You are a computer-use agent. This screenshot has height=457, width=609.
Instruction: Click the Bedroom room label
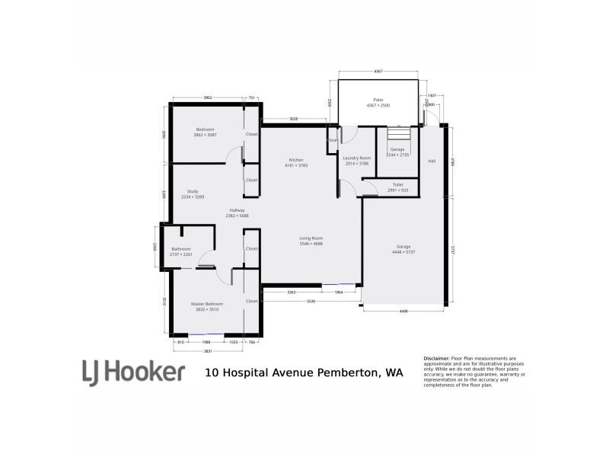click(205, 129)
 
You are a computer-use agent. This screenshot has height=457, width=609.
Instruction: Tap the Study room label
click(192, 192)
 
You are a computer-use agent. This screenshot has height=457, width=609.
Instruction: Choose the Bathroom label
click(180, 249)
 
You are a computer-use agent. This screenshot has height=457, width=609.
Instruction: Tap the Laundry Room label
click(356, 158)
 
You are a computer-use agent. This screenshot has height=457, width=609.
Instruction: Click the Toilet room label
click(397, 184)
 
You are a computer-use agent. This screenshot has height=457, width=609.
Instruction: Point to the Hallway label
click(237, 211)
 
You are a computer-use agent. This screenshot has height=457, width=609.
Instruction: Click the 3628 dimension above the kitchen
click(294, 119)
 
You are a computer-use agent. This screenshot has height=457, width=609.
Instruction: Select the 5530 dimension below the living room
click(311, 302)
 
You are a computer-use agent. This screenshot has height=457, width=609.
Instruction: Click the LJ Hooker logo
click(133, 372)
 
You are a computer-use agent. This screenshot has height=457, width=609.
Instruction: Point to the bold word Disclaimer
click(436, 358)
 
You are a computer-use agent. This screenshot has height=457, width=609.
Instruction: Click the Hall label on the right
click(432, 161)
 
